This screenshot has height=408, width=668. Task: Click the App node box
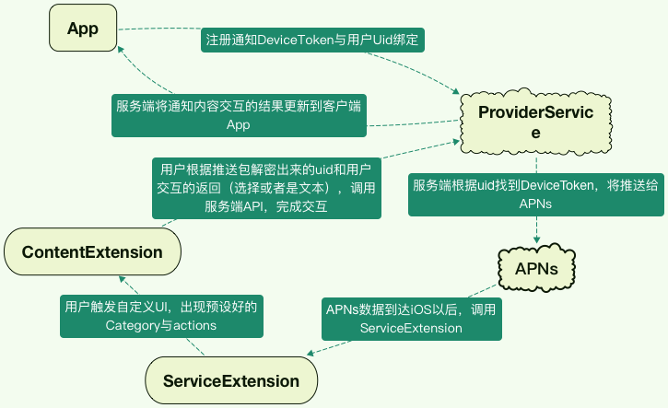[x=83, y=28]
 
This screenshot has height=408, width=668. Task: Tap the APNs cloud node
[x=536, y=268]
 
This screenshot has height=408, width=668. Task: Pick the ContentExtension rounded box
[x=92, y=251]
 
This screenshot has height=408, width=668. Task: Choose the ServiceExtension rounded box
[x=231, y=380]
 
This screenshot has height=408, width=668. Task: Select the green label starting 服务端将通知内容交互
[x=239, y=115]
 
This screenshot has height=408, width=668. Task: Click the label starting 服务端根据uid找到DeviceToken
[x=535, y=194]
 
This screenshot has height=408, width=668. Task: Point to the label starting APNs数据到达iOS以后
[x=411, y=319]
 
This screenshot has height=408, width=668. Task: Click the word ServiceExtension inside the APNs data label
[x=411, y=328]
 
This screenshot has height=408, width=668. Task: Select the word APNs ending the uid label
[x=535, y=204]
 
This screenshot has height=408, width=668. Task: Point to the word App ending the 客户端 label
[x=239, y=125]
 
